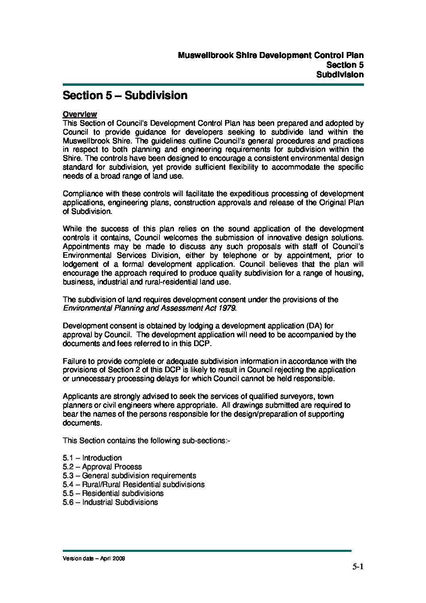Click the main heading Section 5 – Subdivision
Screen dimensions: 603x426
(x=125, y=96)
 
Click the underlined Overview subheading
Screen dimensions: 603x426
(x=80, y=114)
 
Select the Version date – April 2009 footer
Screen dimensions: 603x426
(x=94, y=559)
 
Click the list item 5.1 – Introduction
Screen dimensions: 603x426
(x=92, y=458)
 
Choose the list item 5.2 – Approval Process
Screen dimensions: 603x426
(x=102, y=467)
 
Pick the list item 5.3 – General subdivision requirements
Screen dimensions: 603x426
(x=129, y=476)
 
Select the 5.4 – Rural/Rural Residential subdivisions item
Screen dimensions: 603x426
(x=134, y=485)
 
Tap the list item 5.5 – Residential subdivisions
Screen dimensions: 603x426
(x=113, y=493)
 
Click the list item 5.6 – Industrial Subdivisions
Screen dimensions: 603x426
(x=110, y=502)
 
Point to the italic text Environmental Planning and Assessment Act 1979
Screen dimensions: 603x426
(x=149, y=309)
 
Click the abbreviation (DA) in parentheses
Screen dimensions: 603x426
(x=309, y=326)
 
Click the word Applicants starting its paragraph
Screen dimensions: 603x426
(x=79, y=396)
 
